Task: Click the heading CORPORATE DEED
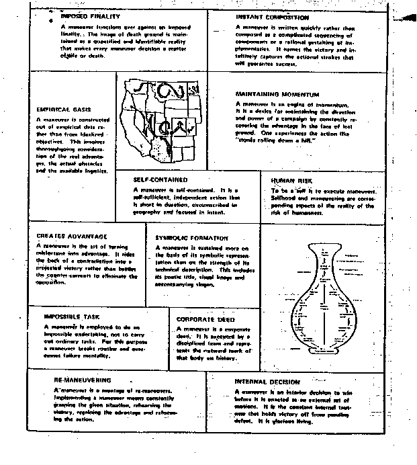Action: point(205,319)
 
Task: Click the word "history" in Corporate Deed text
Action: point(235,357)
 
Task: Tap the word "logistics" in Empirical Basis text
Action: point(98,171)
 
